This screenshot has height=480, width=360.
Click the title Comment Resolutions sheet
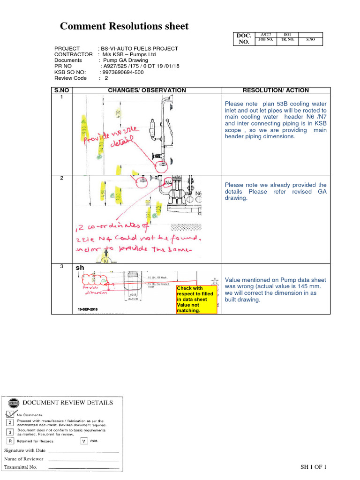click(124, 26)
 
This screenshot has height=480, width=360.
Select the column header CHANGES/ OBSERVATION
click(147, 90)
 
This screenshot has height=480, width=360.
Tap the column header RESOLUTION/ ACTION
click(276, 90)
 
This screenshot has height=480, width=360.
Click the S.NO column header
click(61, 90)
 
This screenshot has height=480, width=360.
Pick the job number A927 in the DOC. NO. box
click(266, 35)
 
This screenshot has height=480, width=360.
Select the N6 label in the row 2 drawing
click(199, 193)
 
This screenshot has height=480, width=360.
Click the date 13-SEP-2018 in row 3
click(90, 310)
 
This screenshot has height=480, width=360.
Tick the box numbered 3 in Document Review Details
click(9, 432)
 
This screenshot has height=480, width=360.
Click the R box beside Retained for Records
click(9, 441)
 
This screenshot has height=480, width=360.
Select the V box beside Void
click(84, 441)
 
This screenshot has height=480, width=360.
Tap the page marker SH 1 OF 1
click(313, 467)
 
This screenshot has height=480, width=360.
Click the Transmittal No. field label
click(23, 467)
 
